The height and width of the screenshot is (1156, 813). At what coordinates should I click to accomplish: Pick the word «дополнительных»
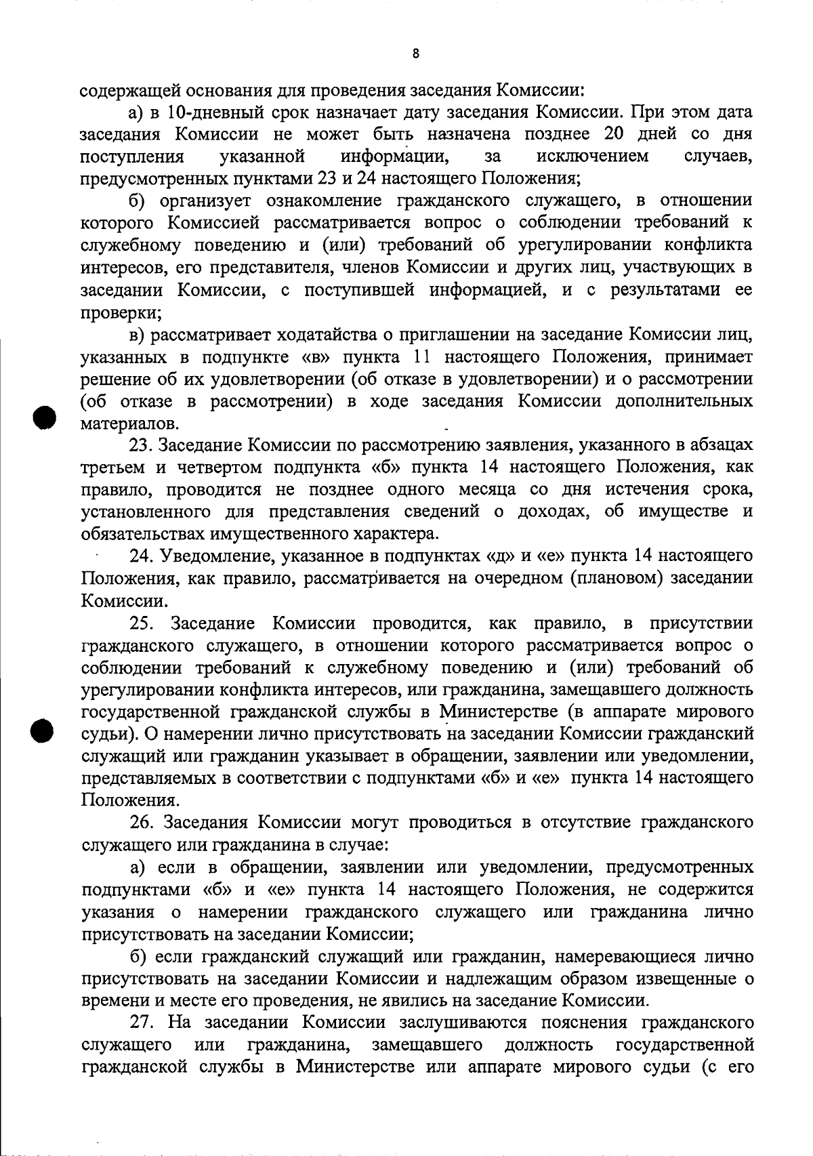(684, 401)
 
